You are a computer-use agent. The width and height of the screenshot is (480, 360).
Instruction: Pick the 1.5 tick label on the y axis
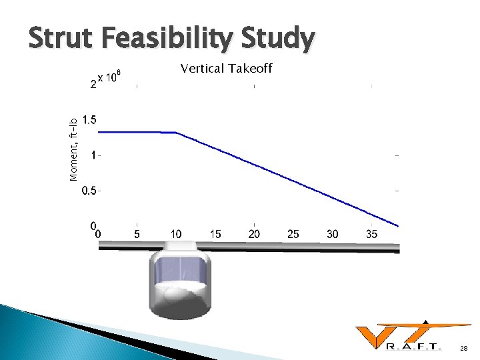89,120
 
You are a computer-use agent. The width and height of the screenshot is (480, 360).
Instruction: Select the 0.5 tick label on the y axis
89,191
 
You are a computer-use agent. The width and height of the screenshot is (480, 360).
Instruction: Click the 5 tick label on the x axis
137,234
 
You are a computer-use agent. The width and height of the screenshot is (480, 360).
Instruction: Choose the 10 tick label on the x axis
176,234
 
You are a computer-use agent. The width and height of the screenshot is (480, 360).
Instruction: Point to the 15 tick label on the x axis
215,234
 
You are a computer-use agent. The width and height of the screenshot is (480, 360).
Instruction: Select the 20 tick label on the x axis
255,234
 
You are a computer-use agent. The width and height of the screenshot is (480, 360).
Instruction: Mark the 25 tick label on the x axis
293,234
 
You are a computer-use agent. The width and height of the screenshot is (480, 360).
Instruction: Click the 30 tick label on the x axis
333,234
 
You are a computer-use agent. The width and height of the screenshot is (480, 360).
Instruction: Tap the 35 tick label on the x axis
372,234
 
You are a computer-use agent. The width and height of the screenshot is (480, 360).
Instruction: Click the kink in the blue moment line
177,132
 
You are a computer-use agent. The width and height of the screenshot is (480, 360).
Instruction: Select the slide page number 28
463,349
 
